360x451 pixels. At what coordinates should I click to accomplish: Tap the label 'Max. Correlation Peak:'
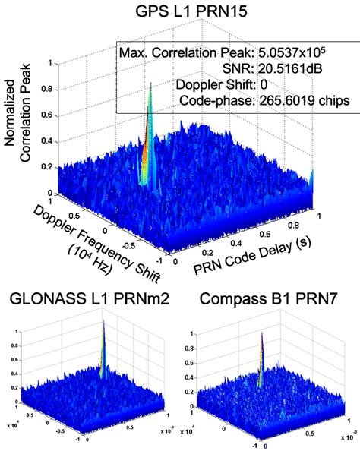tap(185, 53)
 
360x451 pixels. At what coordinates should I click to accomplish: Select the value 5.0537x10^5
tap(298, 53)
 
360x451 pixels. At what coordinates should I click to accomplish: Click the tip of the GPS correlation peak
tap(151, 84)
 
